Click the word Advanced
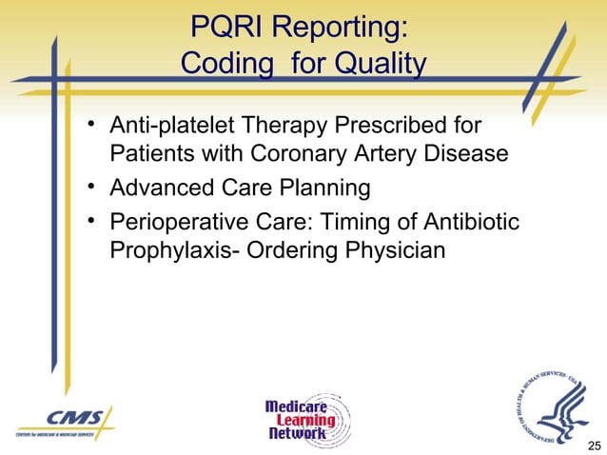pos(161,188)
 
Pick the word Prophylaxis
pos(167,250)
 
